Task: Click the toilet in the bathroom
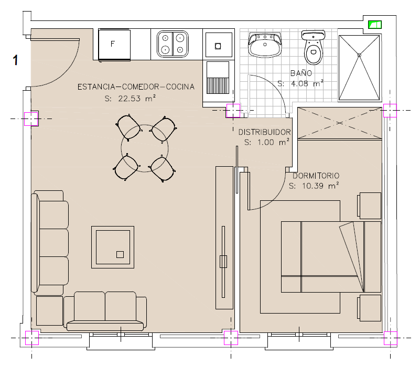(x=313, y=47)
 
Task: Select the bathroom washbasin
(x=265, y=45)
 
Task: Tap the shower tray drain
(x=359, y=55)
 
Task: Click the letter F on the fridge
(x=113, y=44)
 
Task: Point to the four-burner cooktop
(x=173, y=44)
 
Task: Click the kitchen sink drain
(x=218, y=46)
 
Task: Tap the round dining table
(x=145, y=148)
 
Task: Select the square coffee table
(x=113, y=247)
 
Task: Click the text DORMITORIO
(x=316, y=176)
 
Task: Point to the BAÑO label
(x=301, y=73)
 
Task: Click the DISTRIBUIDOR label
(x=264, y=132)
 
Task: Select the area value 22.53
(x=129, y=99)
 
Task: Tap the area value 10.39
(x=313, y=186)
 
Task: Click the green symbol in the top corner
(x=375, y=25)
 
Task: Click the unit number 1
(x=16, y=60)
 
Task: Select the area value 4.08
(x=299, y=83)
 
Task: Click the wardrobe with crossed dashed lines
(x=340, y=123)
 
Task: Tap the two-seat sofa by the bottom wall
(x=105, y=311)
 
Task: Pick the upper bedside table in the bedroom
(x=369, y=206)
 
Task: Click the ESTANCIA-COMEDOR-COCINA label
(x=136, y=87)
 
